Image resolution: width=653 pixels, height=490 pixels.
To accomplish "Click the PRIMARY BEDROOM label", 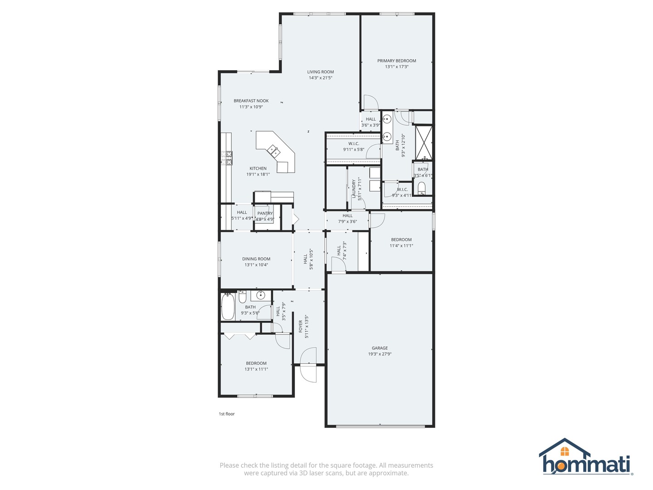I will [396, 61].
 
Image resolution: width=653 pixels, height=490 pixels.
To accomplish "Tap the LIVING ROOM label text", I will [320, 72].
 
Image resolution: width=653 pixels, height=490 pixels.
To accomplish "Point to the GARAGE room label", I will [380, 348].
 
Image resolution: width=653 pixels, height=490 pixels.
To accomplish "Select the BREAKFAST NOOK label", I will [251, 101].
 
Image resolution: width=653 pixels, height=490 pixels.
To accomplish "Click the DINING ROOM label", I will [256, 259].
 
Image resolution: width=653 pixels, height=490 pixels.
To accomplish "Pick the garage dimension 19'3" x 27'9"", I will [380, 354].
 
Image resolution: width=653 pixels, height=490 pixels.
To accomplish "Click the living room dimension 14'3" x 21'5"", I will [320, 78].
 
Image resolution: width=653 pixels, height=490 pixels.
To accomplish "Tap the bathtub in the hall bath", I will [228, 306].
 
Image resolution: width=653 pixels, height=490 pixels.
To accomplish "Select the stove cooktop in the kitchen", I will [227, 157].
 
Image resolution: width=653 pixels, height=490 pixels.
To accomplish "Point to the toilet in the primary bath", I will [421, 187].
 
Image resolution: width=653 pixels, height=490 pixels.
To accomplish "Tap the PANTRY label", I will [265, 213].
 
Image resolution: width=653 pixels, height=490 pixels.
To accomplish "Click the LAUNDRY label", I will [354, 189].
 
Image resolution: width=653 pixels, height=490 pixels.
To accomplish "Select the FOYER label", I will [301, 326].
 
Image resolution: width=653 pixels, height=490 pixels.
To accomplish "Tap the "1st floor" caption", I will [227, 414].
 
